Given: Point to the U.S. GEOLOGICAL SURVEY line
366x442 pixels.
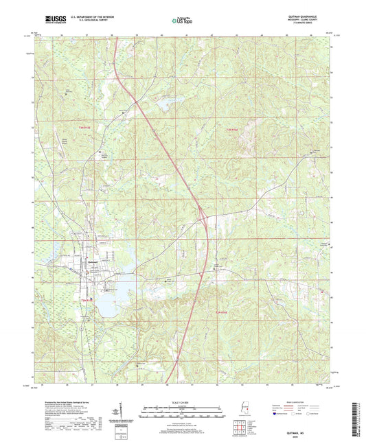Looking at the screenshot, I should click(x=86, y=22).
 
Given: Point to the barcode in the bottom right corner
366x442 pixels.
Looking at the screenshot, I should click(x=356, y=419).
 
